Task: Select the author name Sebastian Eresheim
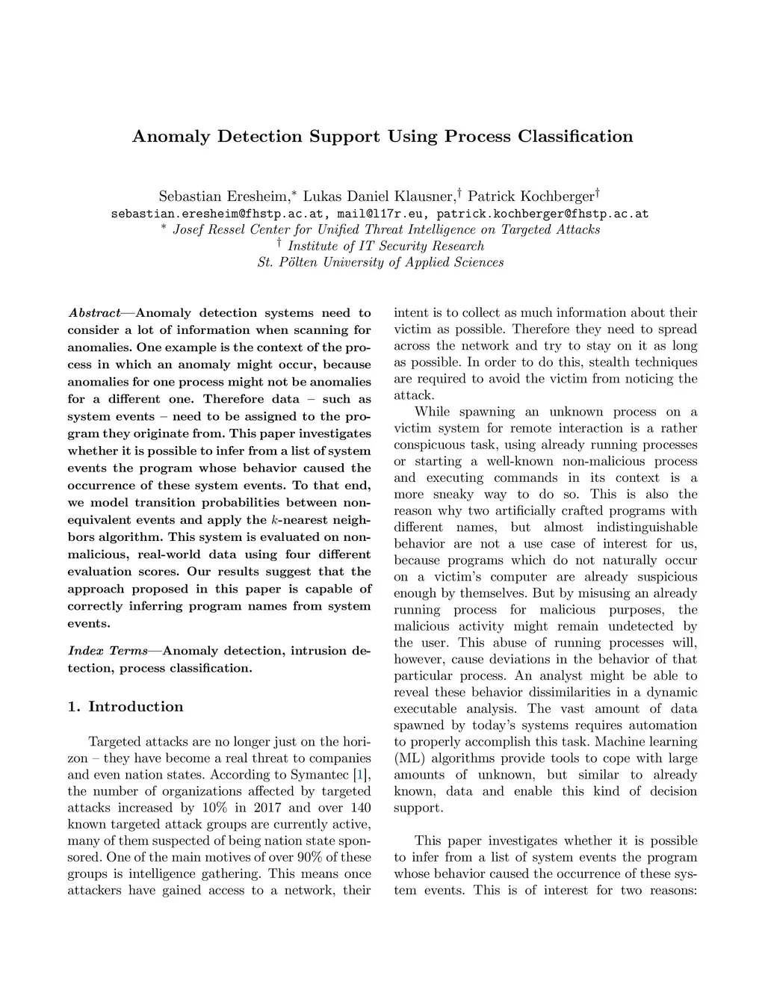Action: tap(223, 197)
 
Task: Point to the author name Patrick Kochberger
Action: tap(530, 197)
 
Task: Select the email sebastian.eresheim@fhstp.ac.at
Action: tap(217, 214)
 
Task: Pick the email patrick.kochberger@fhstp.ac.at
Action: tap(542, 214)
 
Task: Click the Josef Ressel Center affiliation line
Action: tap(386, 230)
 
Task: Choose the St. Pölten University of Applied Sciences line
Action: tap(380, 262)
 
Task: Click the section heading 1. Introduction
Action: tap(126, 707)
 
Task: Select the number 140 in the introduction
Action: tap(360, 808)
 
